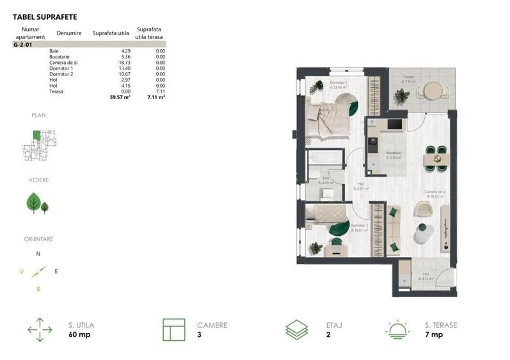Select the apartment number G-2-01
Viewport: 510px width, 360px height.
pyautogui.click(x=24, y=45)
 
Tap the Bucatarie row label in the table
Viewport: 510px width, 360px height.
pyautogui.click(x=60, y=57)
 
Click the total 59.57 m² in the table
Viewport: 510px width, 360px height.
pyautogui.click(x=120, y=98)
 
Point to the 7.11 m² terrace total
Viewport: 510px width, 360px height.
pyautogui.click(x=156, y=98)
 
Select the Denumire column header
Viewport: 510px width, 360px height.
pyautogui.click(x=68, y=32)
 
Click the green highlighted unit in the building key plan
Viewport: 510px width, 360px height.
pyautogui.click(x=37, y=135)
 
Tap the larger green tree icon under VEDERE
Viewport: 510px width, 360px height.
pyautogui.click(x=33, y=203)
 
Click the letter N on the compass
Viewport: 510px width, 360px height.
pyautogui.click(x=38, y=254)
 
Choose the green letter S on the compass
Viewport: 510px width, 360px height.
pyautogui.click(x=38, y=288)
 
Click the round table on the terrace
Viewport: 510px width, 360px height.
pyautogui.click(x=433, y=90)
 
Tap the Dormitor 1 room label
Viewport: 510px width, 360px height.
pyautogui.click(x=338, y=82)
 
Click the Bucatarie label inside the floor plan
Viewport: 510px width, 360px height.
pyautogui.click(x=393, y=153)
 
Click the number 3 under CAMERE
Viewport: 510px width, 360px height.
pyautogui.click(x=199, y=335)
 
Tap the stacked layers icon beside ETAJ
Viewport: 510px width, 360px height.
pyautogui.click(x=296, y=330)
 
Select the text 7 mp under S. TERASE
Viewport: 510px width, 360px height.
pyautogui.click(x=434, y=335)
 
